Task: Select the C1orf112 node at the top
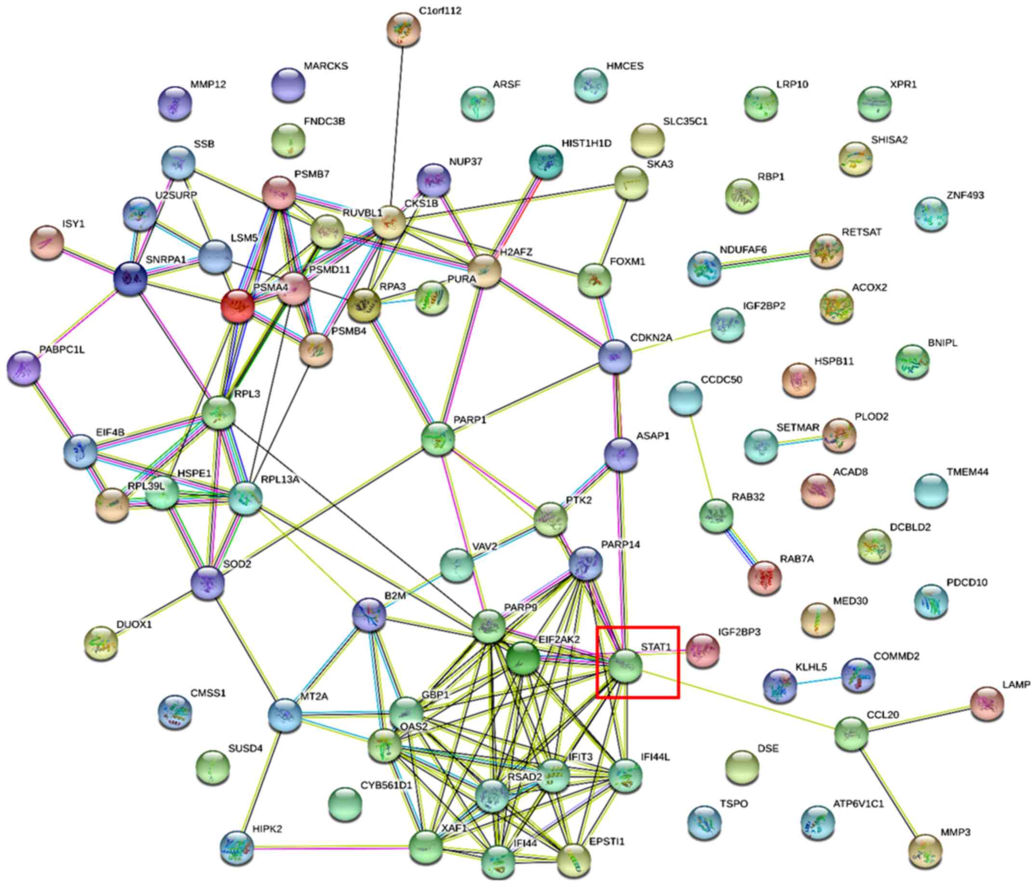coord(404,30)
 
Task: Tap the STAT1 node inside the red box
coord(625,665)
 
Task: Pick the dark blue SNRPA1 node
coord(131,278)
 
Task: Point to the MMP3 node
coord(925,850)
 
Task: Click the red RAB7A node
coord(765,578)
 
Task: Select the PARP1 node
coord(438,438)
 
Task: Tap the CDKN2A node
coord(615,357)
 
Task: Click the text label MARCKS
coord(326,66)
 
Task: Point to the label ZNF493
coord(965,196)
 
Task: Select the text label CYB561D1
coord(386,785)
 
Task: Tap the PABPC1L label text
coord(62,350)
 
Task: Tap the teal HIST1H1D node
coord(546,161)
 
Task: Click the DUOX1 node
coord(102,643)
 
